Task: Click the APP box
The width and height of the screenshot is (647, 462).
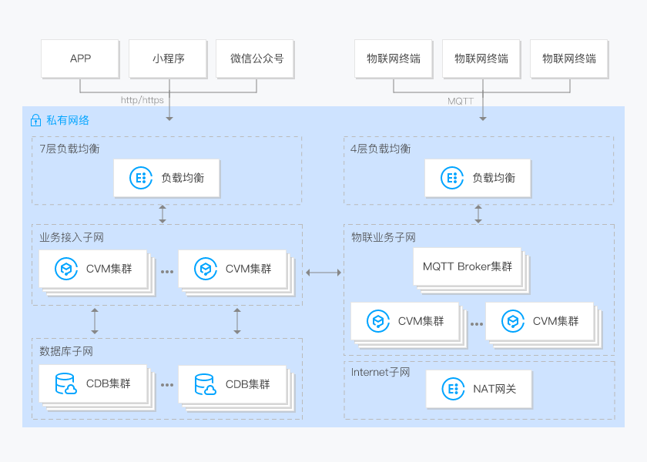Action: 80,59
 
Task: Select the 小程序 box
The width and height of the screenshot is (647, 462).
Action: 168,59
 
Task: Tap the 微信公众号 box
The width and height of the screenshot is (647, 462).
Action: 256,59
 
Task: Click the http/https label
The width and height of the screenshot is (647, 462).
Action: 142,100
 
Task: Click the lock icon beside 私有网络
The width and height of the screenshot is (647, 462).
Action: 35,120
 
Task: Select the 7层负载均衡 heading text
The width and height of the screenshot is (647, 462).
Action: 69,149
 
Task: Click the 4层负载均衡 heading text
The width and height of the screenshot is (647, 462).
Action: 380,149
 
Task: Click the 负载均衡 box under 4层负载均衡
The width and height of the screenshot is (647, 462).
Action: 478,178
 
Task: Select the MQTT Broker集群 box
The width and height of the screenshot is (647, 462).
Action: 467,266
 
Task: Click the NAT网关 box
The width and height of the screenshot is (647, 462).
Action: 478,389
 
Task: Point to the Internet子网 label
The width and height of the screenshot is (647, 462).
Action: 380,373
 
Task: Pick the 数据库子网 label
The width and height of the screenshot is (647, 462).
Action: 66,351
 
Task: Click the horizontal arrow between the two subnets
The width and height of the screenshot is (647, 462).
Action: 323,273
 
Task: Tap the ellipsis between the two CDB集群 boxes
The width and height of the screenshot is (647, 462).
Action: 166,383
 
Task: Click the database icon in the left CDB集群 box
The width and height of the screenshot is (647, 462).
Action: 65,383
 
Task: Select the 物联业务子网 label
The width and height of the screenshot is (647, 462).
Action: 383,237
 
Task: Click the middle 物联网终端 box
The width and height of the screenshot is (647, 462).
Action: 481,59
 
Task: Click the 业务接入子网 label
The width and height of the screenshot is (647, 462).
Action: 72,237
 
